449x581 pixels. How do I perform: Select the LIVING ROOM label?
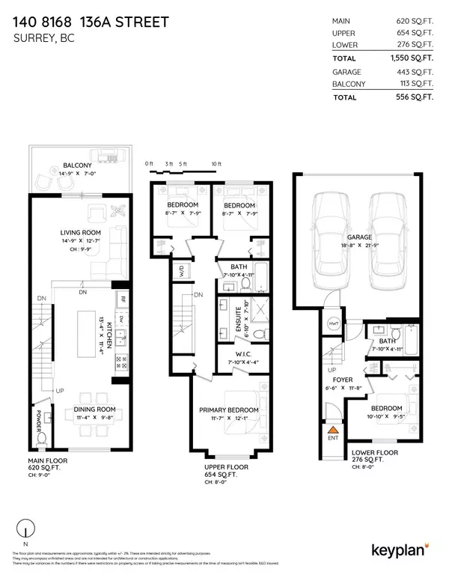click(x=80, y=233)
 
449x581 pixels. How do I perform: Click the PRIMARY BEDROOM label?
click(x=228, y=410)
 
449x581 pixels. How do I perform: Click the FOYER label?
click(x=343, y=380)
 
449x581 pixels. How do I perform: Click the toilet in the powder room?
click(x=42, y=436)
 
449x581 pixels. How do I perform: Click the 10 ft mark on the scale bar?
click(x=216, y=163)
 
